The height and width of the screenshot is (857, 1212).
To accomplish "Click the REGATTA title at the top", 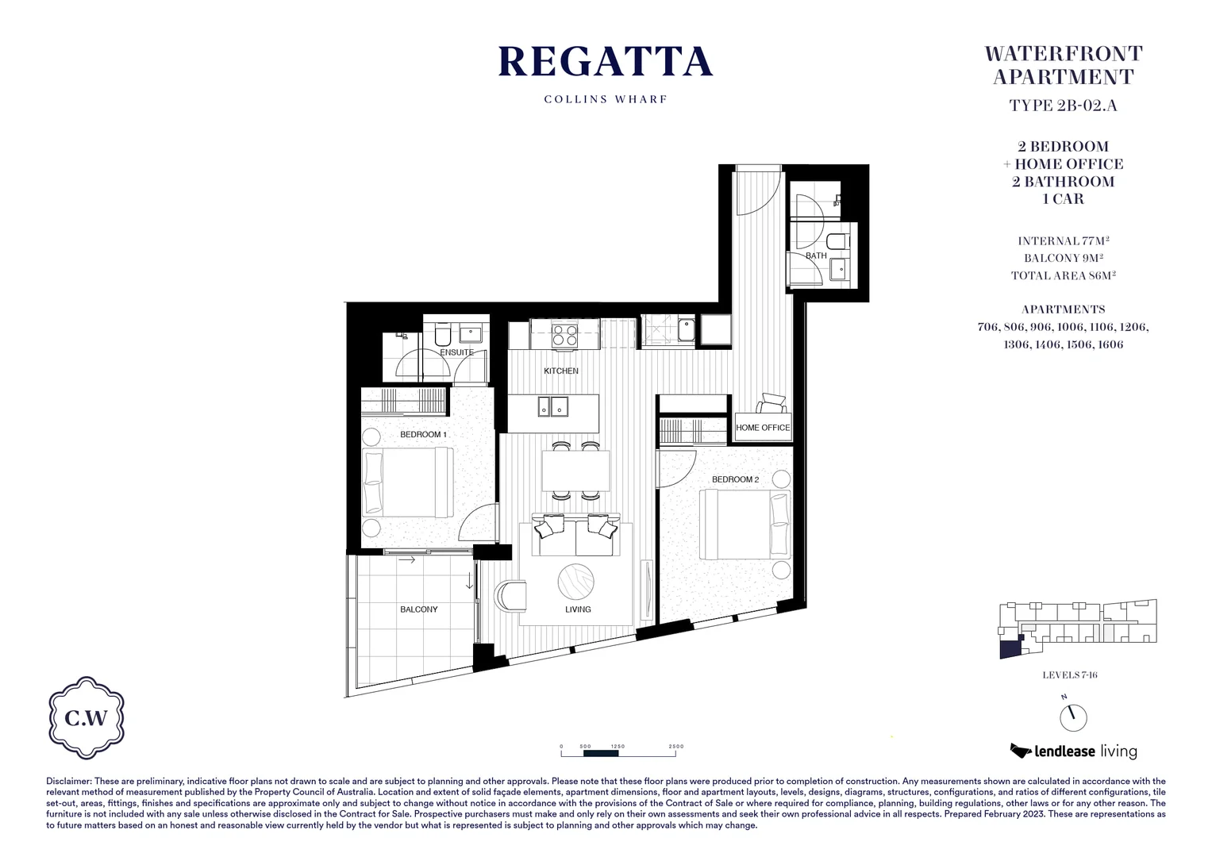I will pyautogui.click(x=605, y=62).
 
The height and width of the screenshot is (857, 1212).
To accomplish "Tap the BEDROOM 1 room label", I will pyautogui.click(x=423, y=435).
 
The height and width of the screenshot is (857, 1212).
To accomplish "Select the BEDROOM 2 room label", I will pyautogui.click(x=735, y=479).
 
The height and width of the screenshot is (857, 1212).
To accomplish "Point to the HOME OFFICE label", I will pyautogui.click(x=763, y=428).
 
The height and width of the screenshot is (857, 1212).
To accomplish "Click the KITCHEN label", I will pyautogui.click(x=561, y=371).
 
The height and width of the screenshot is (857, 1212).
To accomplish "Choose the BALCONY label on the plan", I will pyautogui.click(x=418, y=609).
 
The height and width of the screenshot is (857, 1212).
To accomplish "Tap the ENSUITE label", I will pyautogui.click(x=456, y=352).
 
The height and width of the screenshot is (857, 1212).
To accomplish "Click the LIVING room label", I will pyautogui.click(x=578, y=609).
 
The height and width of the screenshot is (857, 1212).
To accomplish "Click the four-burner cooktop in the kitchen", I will pyautogui.click(x=565, y=336).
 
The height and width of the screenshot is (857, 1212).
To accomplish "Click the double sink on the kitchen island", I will pyautogui.click(x=552, y=406).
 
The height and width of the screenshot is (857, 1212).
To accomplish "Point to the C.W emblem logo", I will pyautogui.click(x=87, y=718).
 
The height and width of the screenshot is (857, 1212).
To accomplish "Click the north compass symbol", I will pyautogui.click(x=1073, y=717).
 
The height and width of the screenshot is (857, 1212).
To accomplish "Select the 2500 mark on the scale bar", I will pyautogui.click(x=675, y=747).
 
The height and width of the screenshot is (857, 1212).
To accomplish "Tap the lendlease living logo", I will pyautogui.click(x=1073, y=751).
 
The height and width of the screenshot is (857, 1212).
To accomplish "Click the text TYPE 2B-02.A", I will pyautogui.click(x=1063, y=106).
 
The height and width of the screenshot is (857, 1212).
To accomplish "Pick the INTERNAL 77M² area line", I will pyautogui.click(x=1063, y=241).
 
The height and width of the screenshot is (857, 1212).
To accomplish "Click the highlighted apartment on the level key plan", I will pyautogui.click(x=1009, y=649).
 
